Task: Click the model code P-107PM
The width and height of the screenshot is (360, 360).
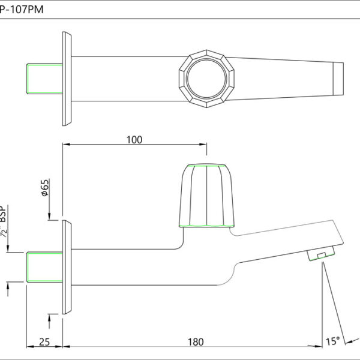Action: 22,10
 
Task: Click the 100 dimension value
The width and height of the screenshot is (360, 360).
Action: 134,140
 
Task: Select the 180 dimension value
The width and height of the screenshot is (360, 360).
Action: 196,342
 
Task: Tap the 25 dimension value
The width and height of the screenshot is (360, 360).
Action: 44,342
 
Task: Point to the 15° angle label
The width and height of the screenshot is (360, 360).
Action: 332,341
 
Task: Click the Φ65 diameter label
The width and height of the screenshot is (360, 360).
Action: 45,188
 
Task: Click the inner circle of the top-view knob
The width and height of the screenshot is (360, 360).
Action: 206,78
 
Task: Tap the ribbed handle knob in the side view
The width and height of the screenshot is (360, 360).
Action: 206,196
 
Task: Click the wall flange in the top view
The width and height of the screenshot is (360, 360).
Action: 67,79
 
